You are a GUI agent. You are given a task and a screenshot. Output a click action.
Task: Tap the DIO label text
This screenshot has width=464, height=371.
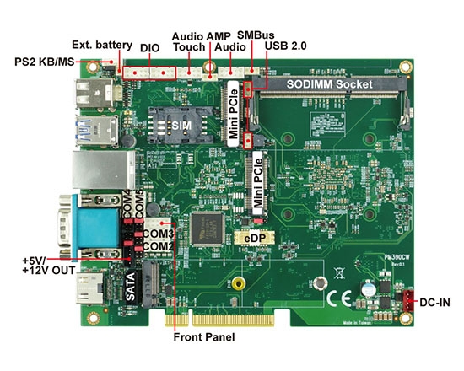click(149, 49)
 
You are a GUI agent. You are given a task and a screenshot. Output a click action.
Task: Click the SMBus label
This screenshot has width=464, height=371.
click(254, 35)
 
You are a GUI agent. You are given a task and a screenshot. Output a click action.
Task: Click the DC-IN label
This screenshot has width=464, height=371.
click(439, 301)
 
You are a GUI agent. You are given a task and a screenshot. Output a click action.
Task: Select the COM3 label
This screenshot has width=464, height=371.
click(159, 233)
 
